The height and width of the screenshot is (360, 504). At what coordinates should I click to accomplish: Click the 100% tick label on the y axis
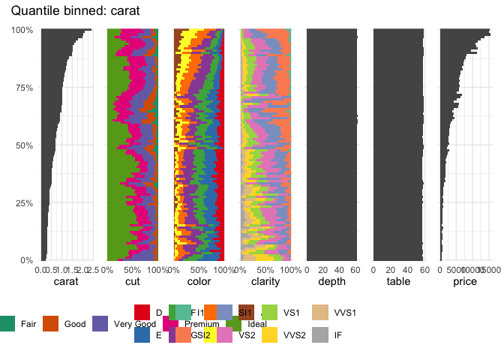[23, 29]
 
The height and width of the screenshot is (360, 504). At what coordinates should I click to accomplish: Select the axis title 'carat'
[67, 282]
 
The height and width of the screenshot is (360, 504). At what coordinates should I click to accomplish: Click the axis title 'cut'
[132, 282]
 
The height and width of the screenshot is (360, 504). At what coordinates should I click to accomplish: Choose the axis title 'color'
[198, 282]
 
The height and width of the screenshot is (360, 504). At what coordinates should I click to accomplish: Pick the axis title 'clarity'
[264, 282]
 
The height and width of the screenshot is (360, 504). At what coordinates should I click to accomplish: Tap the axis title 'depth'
[331, 282]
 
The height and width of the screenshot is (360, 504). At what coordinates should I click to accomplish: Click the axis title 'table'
[397, 282]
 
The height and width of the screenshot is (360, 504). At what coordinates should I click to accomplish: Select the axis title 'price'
[464, 282]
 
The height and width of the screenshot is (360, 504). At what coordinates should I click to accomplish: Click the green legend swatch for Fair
[6, 324]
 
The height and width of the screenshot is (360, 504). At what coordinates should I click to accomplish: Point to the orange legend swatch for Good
[50, 324]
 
